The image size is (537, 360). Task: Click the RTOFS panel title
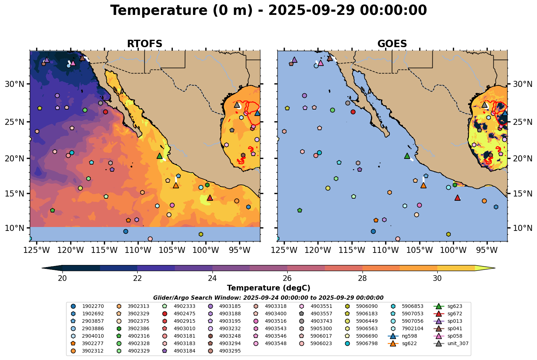point(144,44)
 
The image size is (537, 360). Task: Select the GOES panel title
point(392,44)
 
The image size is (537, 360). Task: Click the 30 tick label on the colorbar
point(437,278)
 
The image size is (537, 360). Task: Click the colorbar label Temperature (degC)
point(268,288)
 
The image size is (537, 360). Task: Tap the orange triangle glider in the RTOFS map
point(176,185)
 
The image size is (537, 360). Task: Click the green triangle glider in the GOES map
point(407,156)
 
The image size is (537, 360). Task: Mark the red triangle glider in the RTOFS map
point(210,198)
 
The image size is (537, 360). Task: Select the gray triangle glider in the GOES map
point(485,105)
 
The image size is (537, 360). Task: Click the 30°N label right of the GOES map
point(522,84)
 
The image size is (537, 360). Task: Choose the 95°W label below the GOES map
point(487,250)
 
